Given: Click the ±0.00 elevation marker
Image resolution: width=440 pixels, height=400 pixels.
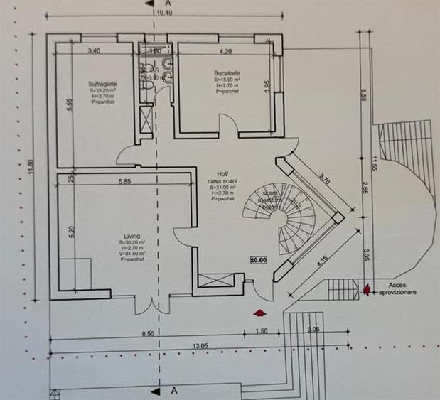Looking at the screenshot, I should click(x=257, y=261).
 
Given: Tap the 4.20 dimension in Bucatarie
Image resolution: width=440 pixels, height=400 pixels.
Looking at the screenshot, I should click(x=226, y=52).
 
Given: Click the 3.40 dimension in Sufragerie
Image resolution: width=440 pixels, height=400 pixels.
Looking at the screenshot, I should click(x=93, y=51).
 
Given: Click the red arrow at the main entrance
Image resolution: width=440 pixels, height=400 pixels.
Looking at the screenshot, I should click(x=259, y=310).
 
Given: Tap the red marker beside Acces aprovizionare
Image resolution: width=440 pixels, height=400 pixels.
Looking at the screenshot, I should click(x=367, y=288).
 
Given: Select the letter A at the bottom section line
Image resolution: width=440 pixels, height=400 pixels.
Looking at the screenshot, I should click(x=173, y=391).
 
